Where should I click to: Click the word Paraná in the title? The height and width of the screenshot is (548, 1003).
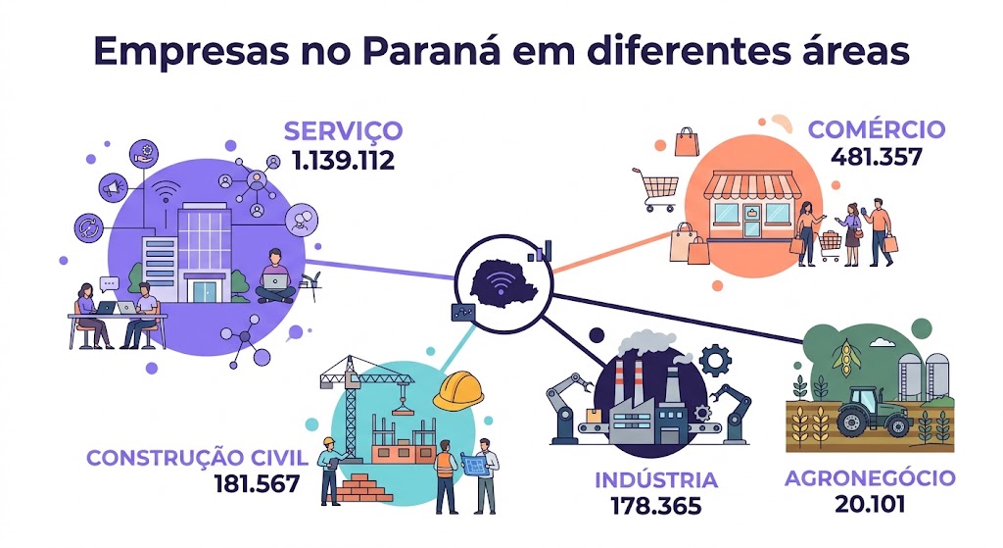431,52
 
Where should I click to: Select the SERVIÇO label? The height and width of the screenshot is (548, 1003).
344,132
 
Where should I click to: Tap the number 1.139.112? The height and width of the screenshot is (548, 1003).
344,160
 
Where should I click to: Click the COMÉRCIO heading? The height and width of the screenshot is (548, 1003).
877,129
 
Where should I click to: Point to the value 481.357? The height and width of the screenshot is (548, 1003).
877,157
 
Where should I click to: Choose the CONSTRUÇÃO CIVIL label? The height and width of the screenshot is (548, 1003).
197,458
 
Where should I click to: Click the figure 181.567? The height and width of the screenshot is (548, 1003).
257,484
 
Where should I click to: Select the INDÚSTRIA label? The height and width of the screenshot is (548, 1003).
656,480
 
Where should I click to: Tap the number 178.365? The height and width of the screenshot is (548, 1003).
656,507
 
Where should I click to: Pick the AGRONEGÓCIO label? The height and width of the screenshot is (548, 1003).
870,478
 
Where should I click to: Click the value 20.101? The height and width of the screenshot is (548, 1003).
870,505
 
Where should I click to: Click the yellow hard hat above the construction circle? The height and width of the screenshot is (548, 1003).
458,389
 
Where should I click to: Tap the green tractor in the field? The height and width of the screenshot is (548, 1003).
875,412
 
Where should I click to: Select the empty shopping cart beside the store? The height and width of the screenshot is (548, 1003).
656,189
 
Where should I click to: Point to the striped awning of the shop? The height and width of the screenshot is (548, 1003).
752,185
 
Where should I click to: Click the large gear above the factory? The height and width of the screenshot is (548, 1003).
715,361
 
